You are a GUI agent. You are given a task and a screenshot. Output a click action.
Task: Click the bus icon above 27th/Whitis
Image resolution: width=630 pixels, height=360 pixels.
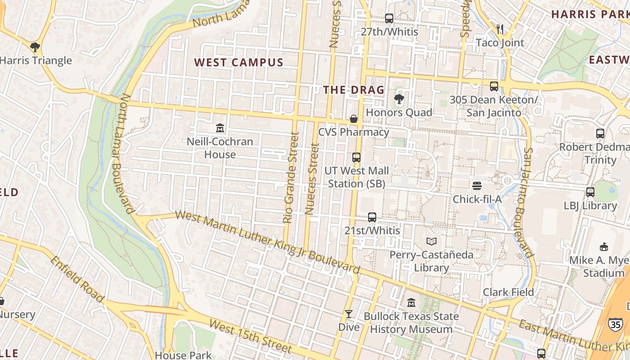[389, 18]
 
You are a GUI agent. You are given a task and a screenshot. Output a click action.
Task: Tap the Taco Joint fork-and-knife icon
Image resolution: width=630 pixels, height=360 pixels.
[500, 29]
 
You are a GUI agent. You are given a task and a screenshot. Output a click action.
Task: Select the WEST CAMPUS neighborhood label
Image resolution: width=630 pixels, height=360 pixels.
[238, 63]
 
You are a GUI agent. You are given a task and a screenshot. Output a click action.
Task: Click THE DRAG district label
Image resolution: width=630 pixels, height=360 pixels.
[354, 90]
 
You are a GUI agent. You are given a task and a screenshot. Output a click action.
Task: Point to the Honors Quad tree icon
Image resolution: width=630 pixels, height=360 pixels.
[398, 99]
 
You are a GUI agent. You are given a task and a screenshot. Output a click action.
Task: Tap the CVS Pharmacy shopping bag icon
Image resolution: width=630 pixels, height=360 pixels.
[354, 119]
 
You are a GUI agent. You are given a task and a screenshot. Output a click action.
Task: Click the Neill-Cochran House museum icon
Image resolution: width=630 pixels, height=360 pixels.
[220, 128]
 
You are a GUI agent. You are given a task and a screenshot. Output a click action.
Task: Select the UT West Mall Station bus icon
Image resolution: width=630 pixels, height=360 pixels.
[356, 157]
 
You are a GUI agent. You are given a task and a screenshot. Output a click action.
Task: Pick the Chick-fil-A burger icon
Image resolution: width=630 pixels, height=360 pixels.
[477, 186]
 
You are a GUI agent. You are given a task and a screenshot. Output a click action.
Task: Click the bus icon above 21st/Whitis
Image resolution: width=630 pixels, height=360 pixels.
[372, 217]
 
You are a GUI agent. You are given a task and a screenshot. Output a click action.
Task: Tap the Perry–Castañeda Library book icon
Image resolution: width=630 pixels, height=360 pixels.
[432, 242]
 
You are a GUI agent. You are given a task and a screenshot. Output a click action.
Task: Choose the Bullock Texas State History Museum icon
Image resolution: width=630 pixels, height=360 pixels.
[411, 303]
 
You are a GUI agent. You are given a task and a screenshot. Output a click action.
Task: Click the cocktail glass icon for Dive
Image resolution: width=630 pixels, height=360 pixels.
[349, 314]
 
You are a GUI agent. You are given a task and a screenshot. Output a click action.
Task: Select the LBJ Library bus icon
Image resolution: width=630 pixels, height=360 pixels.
[590, 192]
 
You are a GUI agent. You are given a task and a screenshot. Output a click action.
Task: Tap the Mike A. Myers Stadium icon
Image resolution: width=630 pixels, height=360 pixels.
[604, 247]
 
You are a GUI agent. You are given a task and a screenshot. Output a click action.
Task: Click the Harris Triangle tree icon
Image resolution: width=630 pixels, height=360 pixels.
[35, 47]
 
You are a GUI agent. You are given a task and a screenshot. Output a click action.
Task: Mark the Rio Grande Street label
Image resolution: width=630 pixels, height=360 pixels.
[291, 177]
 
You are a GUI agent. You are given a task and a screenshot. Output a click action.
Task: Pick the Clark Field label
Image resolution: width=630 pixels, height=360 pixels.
[508, 292]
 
